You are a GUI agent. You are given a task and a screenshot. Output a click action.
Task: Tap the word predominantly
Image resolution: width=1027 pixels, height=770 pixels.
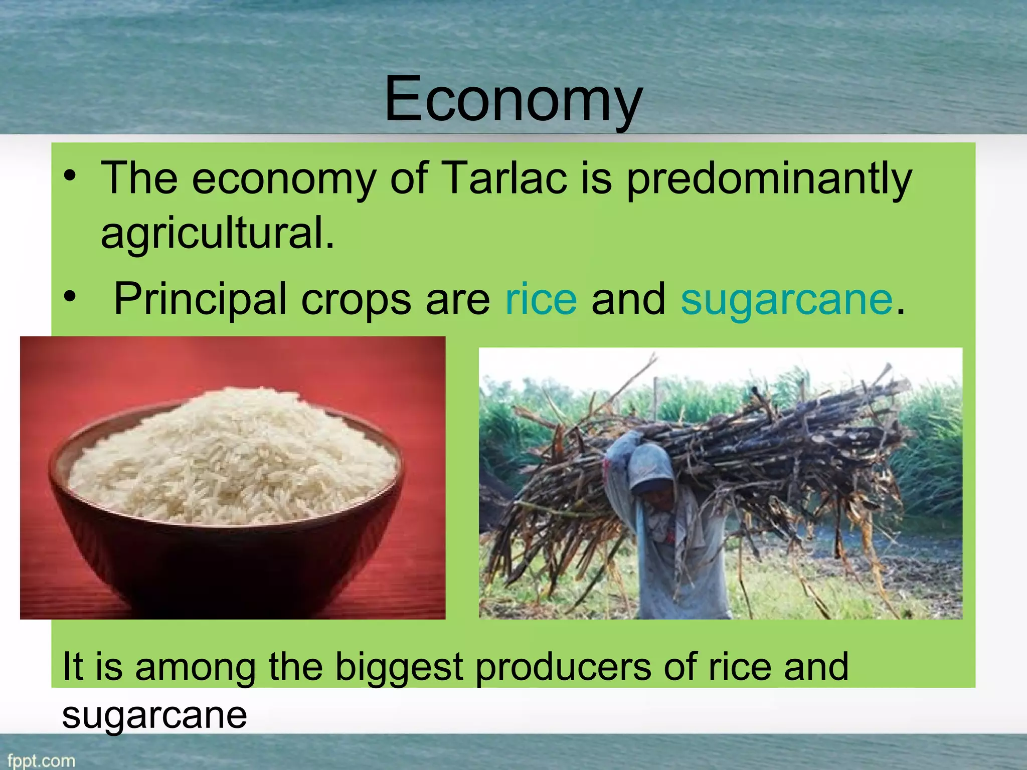coord(769,179)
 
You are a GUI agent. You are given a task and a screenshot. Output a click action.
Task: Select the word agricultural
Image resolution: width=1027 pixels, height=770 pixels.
coord(217,234)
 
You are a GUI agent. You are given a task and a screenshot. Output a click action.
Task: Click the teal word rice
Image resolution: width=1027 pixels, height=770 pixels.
coord(541,299)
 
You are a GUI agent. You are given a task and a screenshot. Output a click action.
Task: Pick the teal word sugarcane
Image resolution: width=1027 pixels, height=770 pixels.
coord(787,300)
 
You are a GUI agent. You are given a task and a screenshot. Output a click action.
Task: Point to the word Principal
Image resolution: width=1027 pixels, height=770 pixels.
coord(200,300)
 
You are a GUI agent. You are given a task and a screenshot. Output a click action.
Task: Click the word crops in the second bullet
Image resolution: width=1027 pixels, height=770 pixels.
coord(356,300)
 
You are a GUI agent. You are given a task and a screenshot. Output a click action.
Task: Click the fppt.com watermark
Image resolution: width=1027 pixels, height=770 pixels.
coord(41,760)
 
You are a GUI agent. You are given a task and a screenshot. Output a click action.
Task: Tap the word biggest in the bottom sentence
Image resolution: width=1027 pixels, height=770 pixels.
coord(399,667)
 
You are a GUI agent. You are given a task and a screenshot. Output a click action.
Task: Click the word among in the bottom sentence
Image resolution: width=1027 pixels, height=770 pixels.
coord(196,668)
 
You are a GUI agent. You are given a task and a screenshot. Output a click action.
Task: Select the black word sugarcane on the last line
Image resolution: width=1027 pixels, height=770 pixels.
coord(154,715)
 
